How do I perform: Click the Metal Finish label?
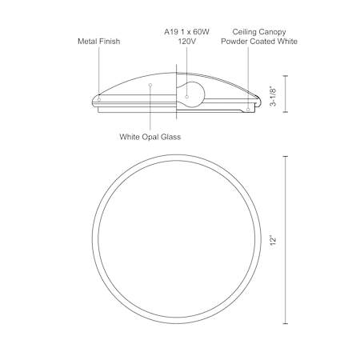point(98,42)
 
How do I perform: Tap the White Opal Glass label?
point(150,137)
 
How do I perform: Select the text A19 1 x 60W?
point(186,32)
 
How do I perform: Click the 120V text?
point(186,42)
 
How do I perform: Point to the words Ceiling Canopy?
point(259,32)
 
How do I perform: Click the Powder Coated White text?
point(259,42)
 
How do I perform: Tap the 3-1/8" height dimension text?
point(274,96)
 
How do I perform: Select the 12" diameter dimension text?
point(273,240)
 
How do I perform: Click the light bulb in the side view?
point(190,94)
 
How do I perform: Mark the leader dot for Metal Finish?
point(99,99)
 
